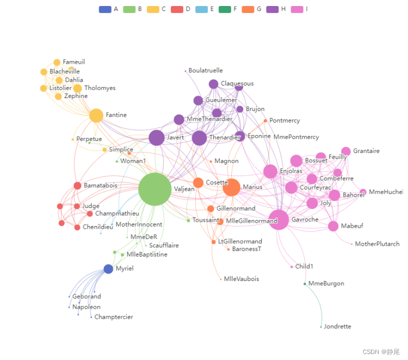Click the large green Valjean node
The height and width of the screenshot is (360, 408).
click(x=155, y=189)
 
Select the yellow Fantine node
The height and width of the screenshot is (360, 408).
click(x=96, y=115)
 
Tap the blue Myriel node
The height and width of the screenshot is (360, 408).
click(x=108, y=269)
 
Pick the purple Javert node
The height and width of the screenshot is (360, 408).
click(x=157, y=138)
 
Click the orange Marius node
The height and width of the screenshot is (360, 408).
click(x=231, y=187)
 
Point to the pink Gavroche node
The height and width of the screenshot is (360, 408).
click(x=279, y=220)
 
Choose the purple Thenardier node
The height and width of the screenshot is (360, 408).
click(x=199, y=138)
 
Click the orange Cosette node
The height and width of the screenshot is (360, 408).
click(x=198, y=182)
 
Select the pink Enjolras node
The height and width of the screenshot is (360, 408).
click(x=270, y=172)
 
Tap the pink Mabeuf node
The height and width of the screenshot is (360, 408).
click(x=333, y=226)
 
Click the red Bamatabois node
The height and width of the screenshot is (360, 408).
click(x=77, y=186)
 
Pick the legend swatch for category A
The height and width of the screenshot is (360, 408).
click(x=105, y=9)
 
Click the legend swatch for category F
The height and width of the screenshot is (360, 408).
click(x=225, y=9)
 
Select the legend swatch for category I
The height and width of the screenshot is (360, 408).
click(x=297, y=9)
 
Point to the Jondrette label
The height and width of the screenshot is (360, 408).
click(x=337, y=327)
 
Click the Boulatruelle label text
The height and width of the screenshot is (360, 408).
click(x=206, y=71)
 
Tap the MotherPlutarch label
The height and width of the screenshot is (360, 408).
click(x=377, y=244)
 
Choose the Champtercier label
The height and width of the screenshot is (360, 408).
click(x=114, y=317)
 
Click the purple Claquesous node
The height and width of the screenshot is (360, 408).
click(x=213, y=84)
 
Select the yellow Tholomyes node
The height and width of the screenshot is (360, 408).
click(x=77, y=88)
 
